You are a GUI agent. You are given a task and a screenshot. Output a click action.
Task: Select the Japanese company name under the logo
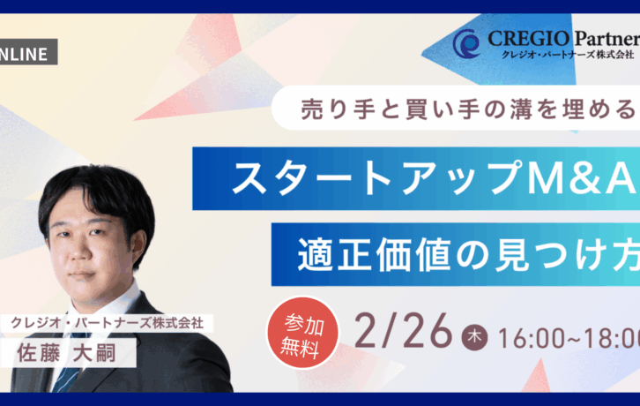[564, 57]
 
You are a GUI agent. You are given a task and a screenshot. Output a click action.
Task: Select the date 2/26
[403, 332]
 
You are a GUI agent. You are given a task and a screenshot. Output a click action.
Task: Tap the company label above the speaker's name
[106, 322]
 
